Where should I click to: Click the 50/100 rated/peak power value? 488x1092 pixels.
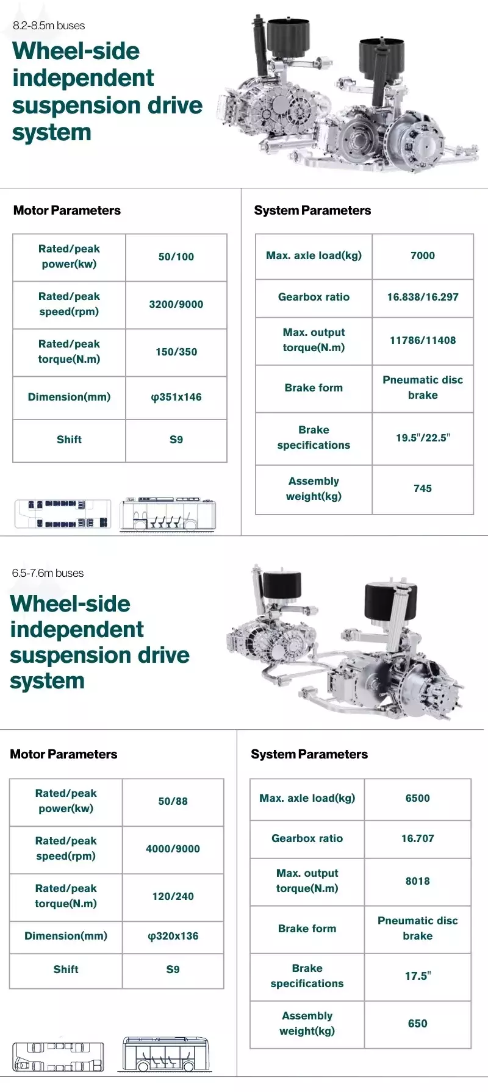pos(176,257)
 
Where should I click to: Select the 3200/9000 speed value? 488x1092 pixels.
pos(176,304)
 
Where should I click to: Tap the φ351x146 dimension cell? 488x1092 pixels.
pos(176,397)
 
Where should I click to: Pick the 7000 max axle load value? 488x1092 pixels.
pos(423,255)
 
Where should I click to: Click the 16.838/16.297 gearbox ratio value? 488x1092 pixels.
pos(423,297)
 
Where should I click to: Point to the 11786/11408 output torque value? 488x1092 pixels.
pos(423,340)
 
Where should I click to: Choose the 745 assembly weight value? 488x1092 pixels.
pos(423,488)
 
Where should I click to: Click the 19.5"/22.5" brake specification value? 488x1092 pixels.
pos(423,437)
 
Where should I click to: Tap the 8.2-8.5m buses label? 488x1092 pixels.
pos(49,26)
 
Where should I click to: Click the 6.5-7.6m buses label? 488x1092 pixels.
pos(48,573)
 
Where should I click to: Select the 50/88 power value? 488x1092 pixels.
pos(173,801)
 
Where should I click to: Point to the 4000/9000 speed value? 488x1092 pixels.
pos(173,849)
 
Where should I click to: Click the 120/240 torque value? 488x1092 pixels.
pos(173,896)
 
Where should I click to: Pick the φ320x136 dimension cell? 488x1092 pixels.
pos(173,936)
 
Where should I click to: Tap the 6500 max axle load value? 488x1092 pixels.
pos(418,798)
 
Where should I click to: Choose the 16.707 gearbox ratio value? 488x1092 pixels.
pos(418,838)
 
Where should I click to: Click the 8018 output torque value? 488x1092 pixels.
pos(418,881)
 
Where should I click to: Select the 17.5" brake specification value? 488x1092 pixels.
pos(418,976)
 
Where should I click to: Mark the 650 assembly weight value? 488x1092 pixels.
pos(418,1023)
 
